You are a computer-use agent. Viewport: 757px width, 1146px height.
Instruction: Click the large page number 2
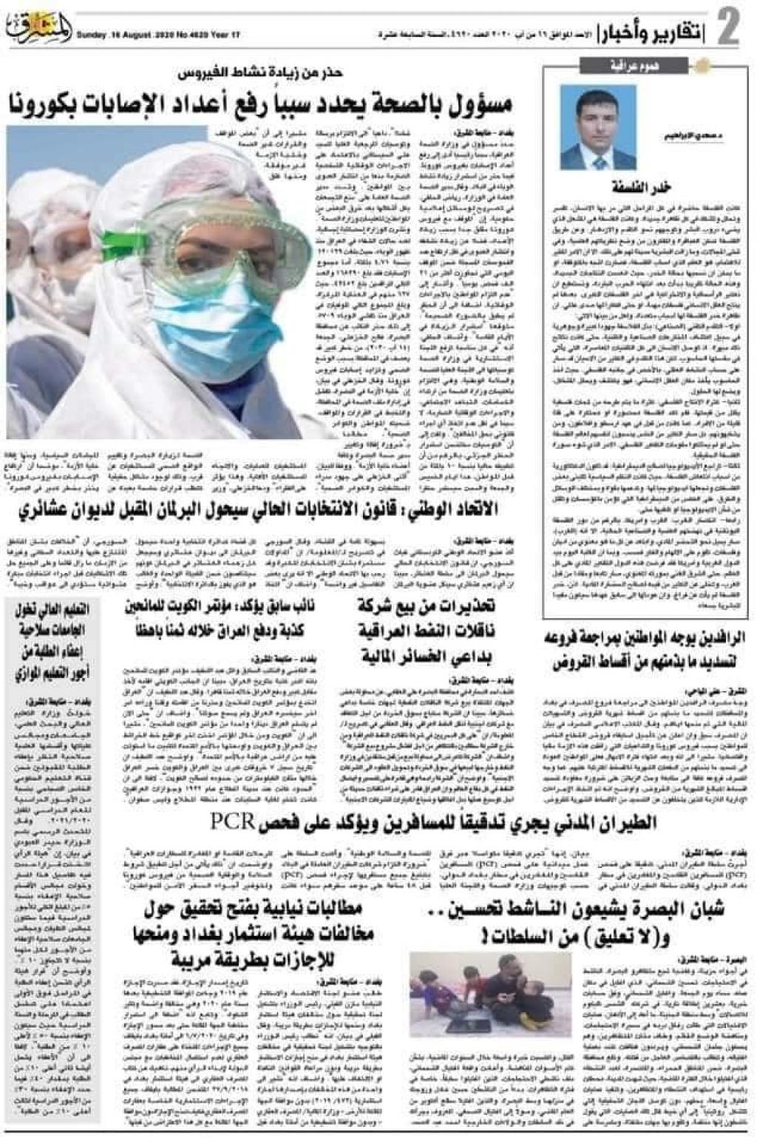(727, 29)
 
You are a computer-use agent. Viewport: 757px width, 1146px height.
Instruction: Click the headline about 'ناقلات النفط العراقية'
(427, 632)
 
